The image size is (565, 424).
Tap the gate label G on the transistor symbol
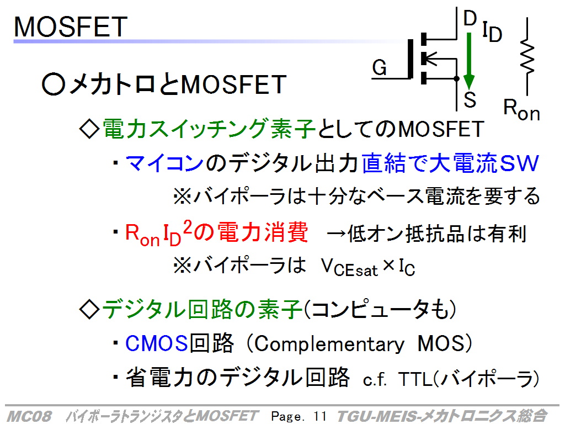click(380, 67)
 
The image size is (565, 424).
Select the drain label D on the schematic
click(470, 18)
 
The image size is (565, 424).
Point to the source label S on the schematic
click(470, 99)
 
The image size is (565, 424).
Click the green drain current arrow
click(469, 61)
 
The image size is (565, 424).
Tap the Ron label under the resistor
click(521, 110)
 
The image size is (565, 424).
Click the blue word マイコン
click(164, 163)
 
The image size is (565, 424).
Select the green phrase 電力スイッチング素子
click(209, 129)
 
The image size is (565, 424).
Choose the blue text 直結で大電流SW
click(450, 163)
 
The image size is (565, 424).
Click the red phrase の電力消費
click(251, 232)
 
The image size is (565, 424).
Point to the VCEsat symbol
click(349, 268)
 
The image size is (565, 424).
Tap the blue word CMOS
click(157, 343)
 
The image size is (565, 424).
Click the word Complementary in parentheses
click(329, 344)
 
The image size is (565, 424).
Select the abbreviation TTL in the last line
click(415, 379)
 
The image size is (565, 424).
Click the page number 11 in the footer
click(320, 416)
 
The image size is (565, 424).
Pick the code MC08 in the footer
click(29, 416)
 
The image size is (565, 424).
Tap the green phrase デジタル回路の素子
click(202, 310)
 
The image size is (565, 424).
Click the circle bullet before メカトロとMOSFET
click(54, 84)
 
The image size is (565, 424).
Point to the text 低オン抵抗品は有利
click(437, 234)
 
